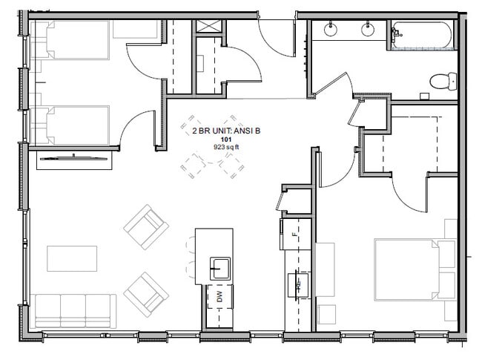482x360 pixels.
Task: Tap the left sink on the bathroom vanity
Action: tap(330, 30)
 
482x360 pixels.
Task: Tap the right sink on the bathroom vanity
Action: tap(366, 30)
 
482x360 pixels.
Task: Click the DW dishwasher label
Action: tap(219, 296)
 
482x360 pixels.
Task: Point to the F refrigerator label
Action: tap(294, 235)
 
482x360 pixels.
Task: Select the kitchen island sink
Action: tap(219, 266)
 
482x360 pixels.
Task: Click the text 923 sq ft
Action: tap(226, 147)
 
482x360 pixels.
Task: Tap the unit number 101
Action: tap(226, 139)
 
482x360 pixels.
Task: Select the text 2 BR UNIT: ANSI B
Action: tap(226, 131)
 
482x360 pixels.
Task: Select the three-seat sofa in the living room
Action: tap(73, 310)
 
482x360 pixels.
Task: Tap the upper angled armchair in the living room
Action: tap(146, 226)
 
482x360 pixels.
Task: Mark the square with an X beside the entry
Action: tap(208, 27)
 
